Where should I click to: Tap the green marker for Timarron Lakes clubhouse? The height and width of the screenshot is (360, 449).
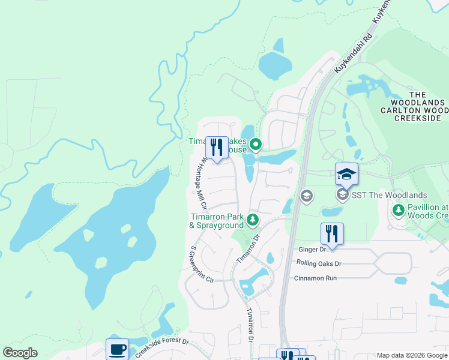(256, 144)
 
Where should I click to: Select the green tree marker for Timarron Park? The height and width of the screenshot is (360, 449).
(253, 221)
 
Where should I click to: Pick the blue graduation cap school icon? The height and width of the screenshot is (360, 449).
(346, 175)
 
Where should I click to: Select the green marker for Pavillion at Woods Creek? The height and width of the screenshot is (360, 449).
(397, 211)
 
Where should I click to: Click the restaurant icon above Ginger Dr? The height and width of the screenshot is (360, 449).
(332, 233)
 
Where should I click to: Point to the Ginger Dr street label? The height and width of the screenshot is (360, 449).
(312, 249)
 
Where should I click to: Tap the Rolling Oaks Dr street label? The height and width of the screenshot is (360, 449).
(318, 263)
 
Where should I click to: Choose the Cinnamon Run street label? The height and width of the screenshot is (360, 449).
(315, 278)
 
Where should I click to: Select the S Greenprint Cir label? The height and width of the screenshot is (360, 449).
(202, 265)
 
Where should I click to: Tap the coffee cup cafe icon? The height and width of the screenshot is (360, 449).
(117, 349)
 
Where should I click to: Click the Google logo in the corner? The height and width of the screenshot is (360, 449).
(20, 353)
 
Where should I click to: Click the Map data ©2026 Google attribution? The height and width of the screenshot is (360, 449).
(411, 355)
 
